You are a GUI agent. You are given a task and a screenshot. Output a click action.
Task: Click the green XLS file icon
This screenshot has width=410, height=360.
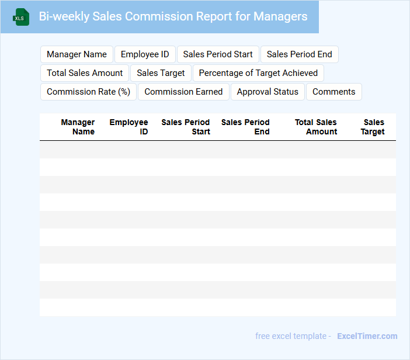21,17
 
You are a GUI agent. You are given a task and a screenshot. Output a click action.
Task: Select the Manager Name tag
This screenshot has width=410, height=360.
77,54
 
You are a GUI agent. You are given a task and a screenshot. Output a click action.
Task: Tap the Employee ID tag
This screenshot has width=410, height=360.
145,54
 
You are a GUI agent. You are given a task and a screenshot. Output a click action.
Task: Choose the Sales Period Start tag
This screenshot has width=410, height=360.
218,54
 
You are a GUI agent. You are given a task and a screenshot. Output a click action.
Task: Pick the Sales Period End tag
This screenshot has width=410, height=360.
299,54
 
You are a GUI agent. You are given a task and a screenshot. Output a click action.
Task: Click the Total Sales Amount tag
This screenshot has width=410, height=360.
85,73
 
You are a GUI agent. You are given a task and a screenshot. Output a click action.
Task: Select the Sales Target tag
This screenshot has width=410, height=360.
161,73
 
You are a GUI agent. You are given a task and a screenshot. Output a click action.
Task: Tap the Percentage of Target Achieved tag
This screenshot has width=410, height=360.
258,73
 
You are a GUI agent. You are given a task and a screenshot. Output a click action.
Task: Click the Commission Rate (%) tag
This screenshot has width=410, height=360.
88,92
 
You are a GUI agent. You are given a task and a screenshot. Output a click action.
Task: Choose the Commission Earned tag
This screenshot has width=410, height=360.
183,92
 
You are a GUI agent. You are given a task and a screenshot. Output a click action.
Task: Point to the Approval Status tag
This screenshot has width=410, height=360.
267,92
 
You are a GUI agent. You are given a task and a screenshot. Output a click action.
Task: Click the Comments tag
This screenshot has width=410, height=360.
333,92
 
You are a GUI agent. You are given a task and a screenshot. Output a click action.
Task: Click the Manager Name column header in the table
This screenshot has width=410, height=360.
78,127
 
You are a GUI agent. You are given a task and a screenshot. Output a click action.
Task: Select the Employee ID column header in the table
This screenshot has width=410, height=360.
129,127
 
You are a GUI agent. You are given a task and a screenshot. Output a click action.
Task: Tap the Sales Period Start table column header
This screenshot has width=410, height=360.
186,127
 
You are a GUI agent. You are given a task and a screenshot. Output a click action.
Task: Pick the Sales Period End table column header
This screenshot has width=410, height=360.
245,127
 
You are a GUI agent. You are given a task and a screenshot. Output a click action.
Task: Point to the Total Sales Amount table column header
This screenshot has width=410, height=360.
316,127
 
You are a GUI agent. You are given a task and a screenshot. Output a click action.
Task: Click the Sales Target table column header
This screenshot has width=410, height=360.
373,127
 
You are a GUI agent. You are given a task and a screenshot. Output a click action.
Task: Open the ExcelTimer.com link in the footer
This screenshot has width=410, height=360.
367,336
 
